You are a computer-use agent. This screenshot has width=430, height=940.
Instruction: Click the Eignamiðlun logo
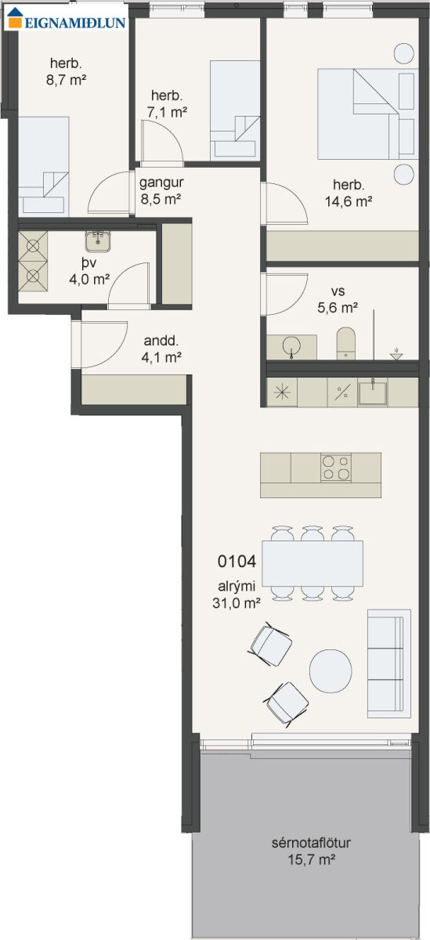coord(67,19)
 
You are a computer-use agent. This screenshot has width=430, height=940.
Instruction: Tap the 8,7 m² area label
coord(67,80)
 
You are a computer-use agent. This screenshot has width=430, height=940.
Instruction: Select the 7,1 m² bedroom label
coord(167,112)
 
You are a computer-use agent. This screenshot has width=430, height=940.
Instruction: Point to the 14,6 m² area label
coord(349,201)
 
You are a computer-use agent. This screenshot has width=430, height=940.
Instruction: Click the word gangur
coord(161,183)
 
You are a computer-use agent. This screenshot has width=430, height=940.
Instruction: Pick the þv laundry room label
coord(89,263)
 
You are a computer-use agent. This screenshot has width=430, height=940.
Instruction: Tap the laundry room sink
coord(98,241)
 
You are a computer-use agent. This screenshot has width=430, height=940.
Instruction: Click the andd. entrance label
coord(161,340)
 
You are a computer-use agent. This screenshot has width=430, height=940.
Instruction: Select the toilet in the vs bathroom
coord(346,343)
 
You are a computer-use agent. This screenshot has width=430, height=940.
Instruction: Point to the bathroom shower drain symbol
coord(396,354)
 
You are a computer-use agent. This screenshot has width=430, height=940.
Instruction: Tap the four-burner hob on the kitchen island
coord(336,468)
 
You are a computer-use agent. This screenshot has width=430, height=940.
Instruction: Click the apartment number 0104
coord(237,562)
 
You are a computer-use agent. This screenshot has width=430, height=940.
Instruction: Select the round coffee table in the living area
coord(331,671)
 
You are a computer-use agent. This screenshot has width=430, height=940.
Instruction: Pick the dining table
coord(313,563)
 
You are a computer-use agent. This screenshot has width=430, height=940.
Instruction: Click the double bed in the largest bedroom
coord(368,114)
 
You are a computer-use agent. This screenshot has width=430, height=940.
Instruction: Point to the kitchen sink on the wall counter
coord(373,392)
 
